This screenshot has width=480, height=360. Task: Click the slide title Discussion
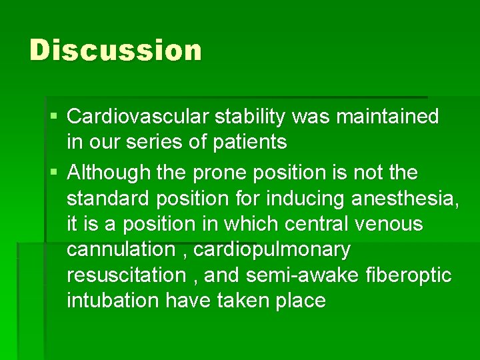coord(115,51)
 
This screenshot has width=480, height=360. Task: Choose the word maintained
coord(388,117)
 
